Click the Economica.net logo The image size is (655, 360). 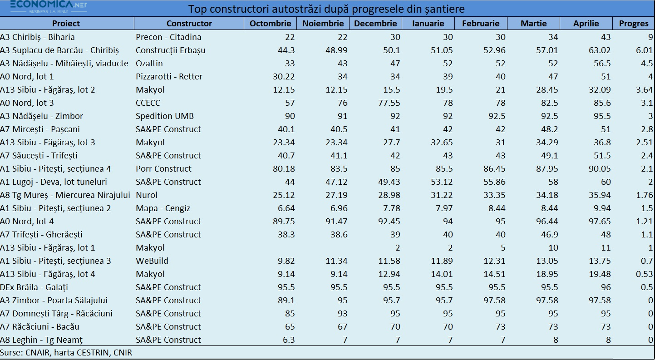(49, 7)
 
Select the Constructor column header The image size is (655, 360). (189, 24)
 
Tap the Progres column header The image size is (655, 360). (634, 24)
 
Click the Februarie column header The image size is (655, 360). (481, 24)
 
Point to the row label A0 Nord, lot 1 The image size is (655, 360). (27, 77)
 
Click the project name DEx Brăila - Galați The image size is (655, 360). (34, 287)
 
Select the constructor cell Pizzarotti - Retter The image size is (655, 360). (169, 77)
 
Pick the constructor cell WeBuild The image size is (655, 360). (152, 261)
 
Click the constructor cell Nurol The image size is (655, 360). (147, 195)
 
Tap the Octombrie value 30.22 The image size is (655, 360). (284, 77)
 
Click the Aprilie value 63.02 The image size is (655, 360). (600, 50)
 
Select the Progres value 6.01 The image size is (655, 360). (644, 50)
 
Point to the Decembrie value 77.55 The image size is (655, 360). (389, 103)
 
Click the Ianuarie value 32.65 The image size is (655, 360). (442, 143)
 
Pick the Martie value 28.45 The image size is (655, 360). (547, 90)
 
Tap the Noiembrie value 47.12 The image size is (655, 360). (336, 182)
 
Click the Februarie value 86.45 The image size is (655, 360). (494, 169)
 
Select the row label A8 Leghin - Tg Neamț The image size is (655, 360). (41, 340)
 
